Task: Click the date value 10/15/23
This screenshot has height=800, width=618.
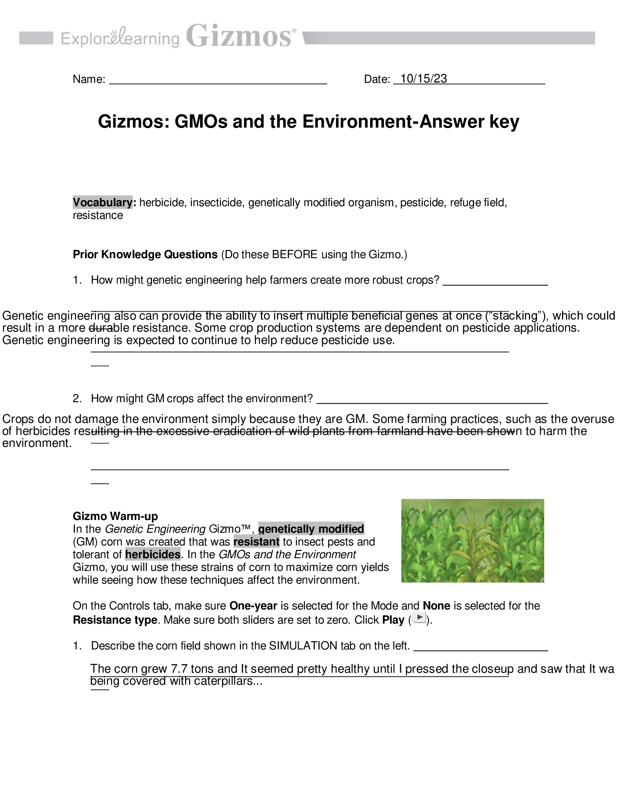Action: pos(424,79)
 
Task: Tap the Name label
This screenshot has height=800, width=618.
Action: pos(89,79)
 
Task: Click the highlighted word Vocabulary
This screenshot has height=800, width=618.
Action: pos(103,202)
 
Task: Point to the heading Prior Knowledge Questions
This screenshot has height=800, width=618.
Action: pos(145,254)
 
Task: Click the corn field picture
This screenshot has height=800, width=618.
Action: pos(472,540)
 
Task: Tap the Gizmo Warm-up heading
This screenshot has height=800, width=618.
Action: pos(115,516)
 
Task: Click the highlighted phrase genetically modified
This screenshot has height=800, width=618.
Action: pos(311,529)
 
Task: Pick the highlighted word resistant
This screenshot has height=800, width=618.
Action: pos(256,542)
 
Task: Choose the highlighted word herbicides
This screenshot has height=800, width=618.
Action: pos(153,554)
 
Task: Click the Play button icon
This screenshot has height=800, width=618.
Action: pos(419,618)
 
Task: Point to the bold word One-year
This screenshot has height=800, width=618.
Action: pos(253,606)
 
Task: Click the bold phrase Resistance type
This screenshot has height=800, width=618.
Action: pos(115,620)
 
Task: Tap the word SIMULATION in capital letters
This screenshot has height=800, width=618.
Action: pos(303,645)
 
